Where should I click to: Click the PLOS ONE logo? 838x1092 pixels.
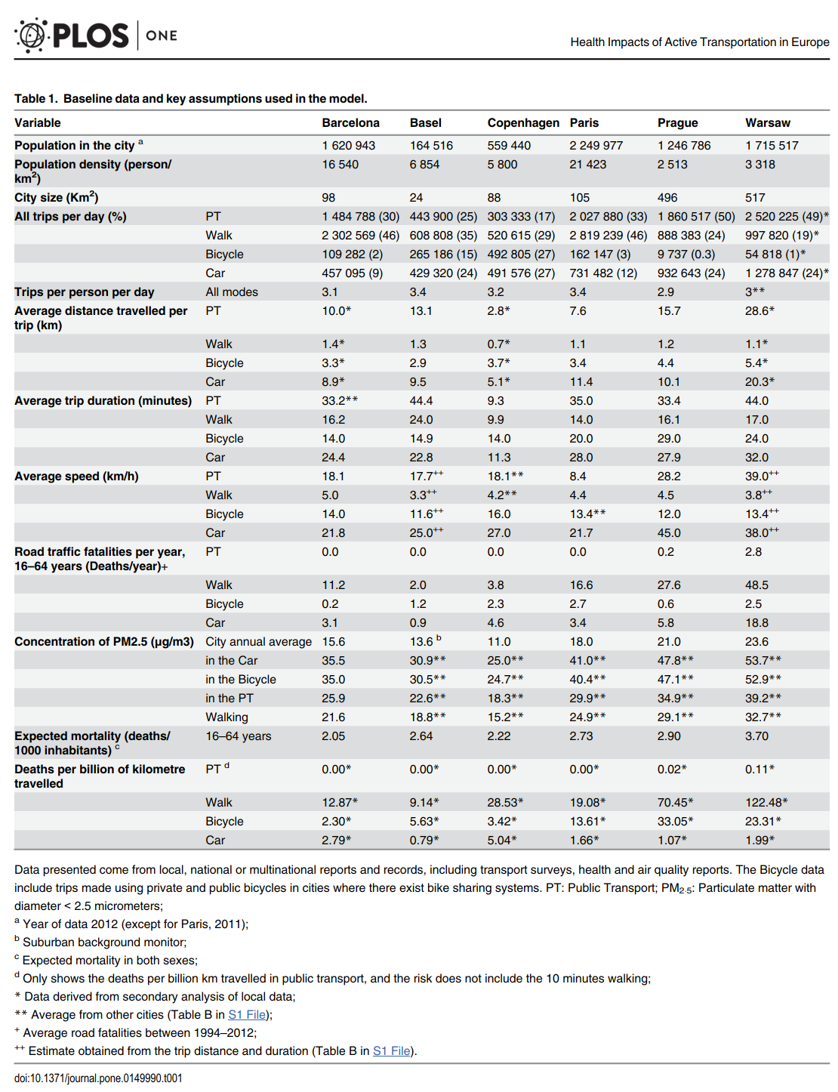(x=95, y=35)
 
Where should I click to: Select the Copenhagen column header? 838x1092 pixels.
(x=523, y=122)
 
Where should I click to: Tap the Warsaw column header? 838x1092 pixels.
(x=767, y=122)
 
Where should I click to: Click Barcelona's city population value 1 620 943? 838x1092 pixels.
(x=348, y=145)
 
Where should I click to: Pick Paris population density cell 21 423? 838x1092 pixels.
(x=587, y=165)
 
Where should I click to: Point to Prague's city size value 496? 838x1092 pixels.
(x=667, y=198)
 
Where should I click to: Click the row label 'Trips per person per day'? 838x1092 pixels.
(x=84, y=292)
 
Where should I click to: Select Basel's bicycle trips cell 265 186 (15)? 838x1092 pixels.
(x=443, y=254)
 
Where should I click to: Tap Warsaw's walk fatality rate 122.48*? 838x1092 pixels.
(x=766, y=803)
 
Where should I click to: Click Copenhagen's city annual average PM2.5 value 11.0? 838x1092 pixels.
(x=498, y=642)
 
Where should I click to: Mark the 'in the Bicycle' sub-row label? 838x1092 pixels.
(x=241, y=680)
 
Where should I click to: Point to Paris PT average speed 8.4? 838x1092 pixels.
(x=578, y=477)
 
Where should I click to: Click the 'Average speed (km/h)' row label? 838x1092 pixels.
(x=76, y=477)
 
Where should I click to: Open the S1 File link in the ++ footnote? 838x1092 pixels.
(x=391, y=1050)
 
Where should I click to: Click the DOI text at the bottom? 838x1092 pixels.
(x=98, y=1078)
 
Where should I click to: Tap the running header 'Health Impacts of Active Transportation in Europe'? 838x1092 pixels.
(x=699, y=42)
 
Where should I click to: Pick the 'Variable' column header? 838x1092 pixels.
(x=37, y=122)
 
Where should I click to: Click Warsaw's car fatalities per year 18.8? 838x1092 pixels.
(x=756, y=622)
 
